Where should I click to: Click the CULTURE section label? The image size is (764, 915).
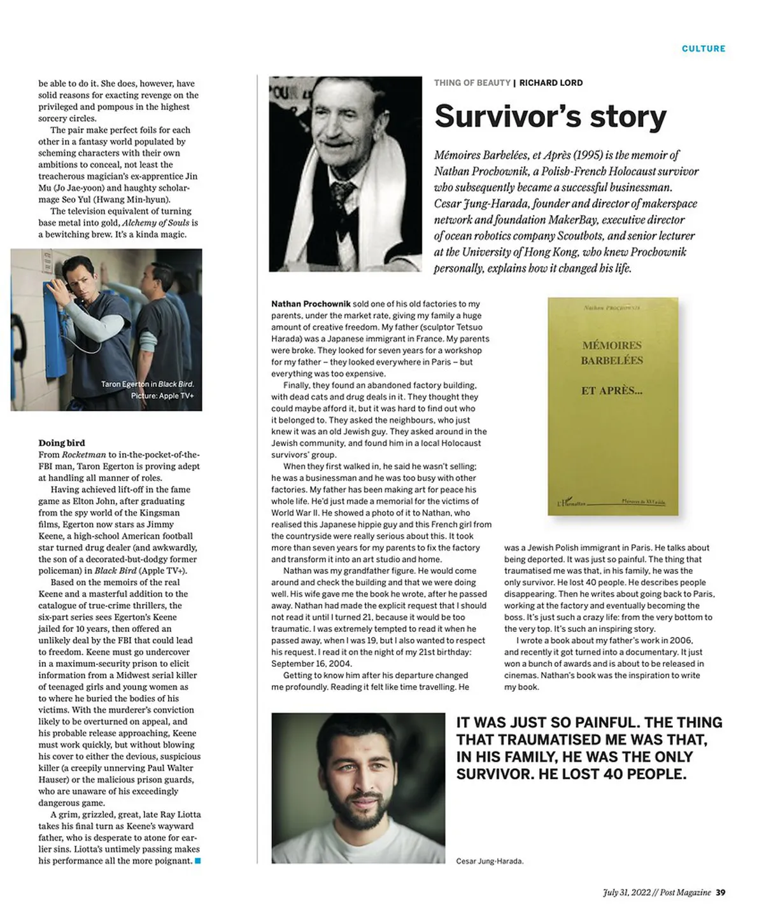point(703,48)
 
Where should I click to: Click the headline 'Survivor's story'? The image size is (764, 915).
point(550,116)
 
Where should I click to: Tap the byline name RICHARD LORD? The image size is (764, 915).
point(551,83)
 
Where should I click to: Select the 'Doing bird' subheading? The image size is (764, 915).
point(62,443)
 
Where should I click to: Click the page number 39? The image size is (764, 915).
point(720,892)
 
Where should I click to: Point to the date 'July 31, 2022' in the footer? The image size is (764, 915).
point(626,892)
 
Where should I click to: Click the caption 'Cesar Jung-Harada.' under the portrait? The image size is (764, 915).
point(490,861)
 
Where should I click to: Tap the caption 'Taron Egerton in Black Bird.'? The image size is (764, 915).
point(147,384)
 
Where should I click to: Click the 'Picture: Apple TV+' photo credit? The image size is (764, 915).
point(162,396)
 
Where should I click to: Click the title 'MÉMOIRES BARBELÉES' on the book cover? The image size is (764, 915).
point(612,353)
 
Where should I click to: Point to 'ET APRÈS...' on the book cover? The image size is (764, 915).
point(611,391)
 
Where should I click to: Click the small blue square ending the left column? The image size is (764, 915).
point(197,861)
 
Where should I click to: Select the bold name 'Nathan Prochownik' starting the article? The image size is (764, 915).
point(311,304)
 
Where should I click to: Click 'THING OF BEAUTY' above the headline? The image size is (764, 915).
point(472,83)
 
